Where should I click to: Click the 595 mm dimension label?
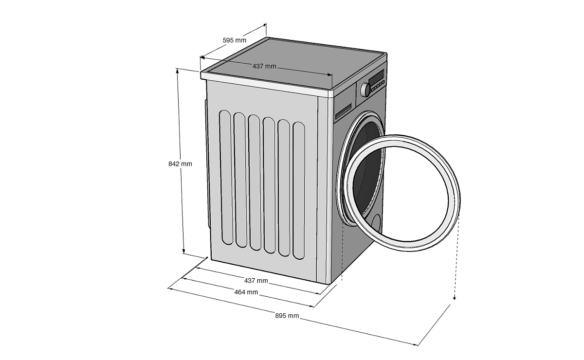tap(235, 40)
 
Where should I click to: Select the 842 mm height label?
tap(180, 164)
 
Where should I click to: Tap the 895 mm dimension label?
tap(287, 316)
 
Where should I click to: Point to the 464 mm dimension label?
tap(246, 292)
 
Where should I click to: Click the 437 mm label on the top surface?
tap(264, 66)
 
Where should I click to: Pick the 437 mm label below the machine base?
tap(255, 281)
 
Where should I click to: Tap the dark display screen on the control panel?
tap(376, 78)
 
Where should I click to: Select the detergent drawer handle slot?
tap(344, 110)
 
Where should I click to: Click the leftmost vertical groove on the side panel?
tap(225, 176)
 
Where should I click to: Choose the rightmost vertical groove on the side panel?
tap(299, 190)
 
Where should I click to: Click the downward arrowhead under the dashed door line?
tap(454, 297)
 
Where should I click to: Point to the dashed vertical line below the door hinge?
tap(343, 253)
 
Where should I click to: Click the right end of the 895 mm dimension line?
tap(417, 345)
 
